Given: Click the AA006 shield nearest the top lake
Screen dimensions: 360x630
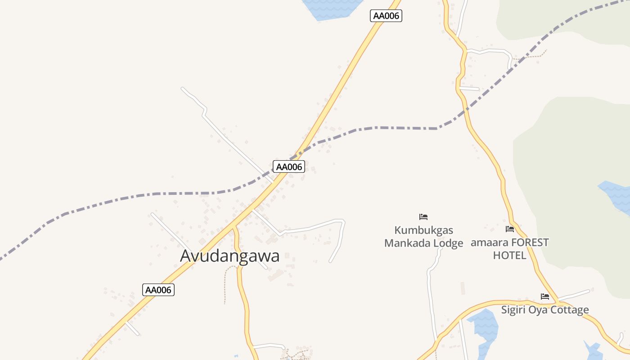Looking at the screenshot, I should point(386,16).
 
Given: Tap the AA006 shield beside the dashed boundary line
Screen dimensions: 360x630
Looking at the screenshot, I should point(289,166).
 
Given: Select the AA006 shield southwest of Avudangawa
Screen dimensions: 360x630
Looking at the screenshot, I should point(158,290).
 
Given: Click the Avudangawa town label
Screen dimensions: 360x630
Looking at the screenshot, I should point(229,256).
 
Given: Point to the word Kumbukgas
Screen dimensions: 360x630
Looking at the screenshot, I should point(423,230).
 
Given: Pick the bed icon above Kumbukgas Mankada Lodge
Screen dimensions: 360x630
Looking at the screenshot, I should point(423,217).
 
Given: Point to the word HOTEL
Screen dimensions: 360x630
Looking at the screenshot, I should point(509,256).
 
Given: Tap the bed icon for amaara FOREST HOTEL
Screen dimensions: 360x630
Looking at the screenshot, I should point(510,229).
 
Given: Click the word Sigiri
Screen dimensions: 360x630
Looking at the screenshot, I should point(514,310).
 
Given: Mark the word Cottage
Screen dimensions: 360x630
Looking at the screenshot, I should point(571,310).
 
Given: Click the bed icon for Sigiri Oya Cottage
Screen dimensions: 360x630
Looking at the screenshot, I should point(545,297).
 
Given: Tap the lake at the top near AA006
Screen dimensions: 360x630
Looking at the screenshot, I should point(331,8).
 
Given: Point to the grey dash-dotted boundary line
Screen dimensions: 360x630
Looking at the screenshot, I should point(396,128).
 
